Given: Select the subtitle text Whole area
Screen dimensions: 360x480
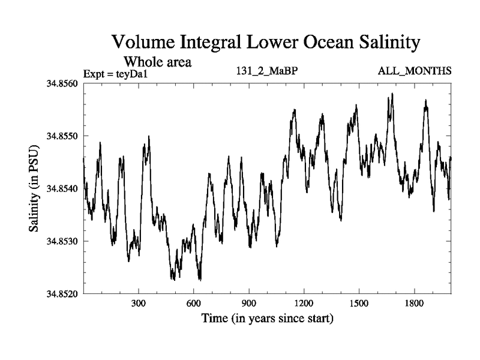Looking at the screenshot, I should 157,61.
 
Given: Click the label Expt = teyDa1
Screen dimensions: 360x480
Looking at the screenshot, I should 115,74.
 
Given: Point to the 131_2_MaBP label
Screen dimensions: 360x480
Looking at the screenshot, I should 267,71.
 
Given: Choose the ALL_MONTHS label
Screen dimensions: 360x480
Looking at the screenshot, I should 415,71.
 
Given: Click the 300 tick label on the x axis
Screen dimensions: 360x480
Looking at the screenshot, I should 139,303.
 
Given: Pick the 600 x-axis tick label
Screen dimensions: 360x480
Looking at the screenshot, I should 194,303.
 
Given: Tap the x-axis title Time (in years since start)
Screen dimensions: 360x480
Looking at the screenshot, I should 267,317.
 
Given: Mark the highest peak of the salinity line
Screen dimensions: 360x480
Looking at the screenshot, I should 392,94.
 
